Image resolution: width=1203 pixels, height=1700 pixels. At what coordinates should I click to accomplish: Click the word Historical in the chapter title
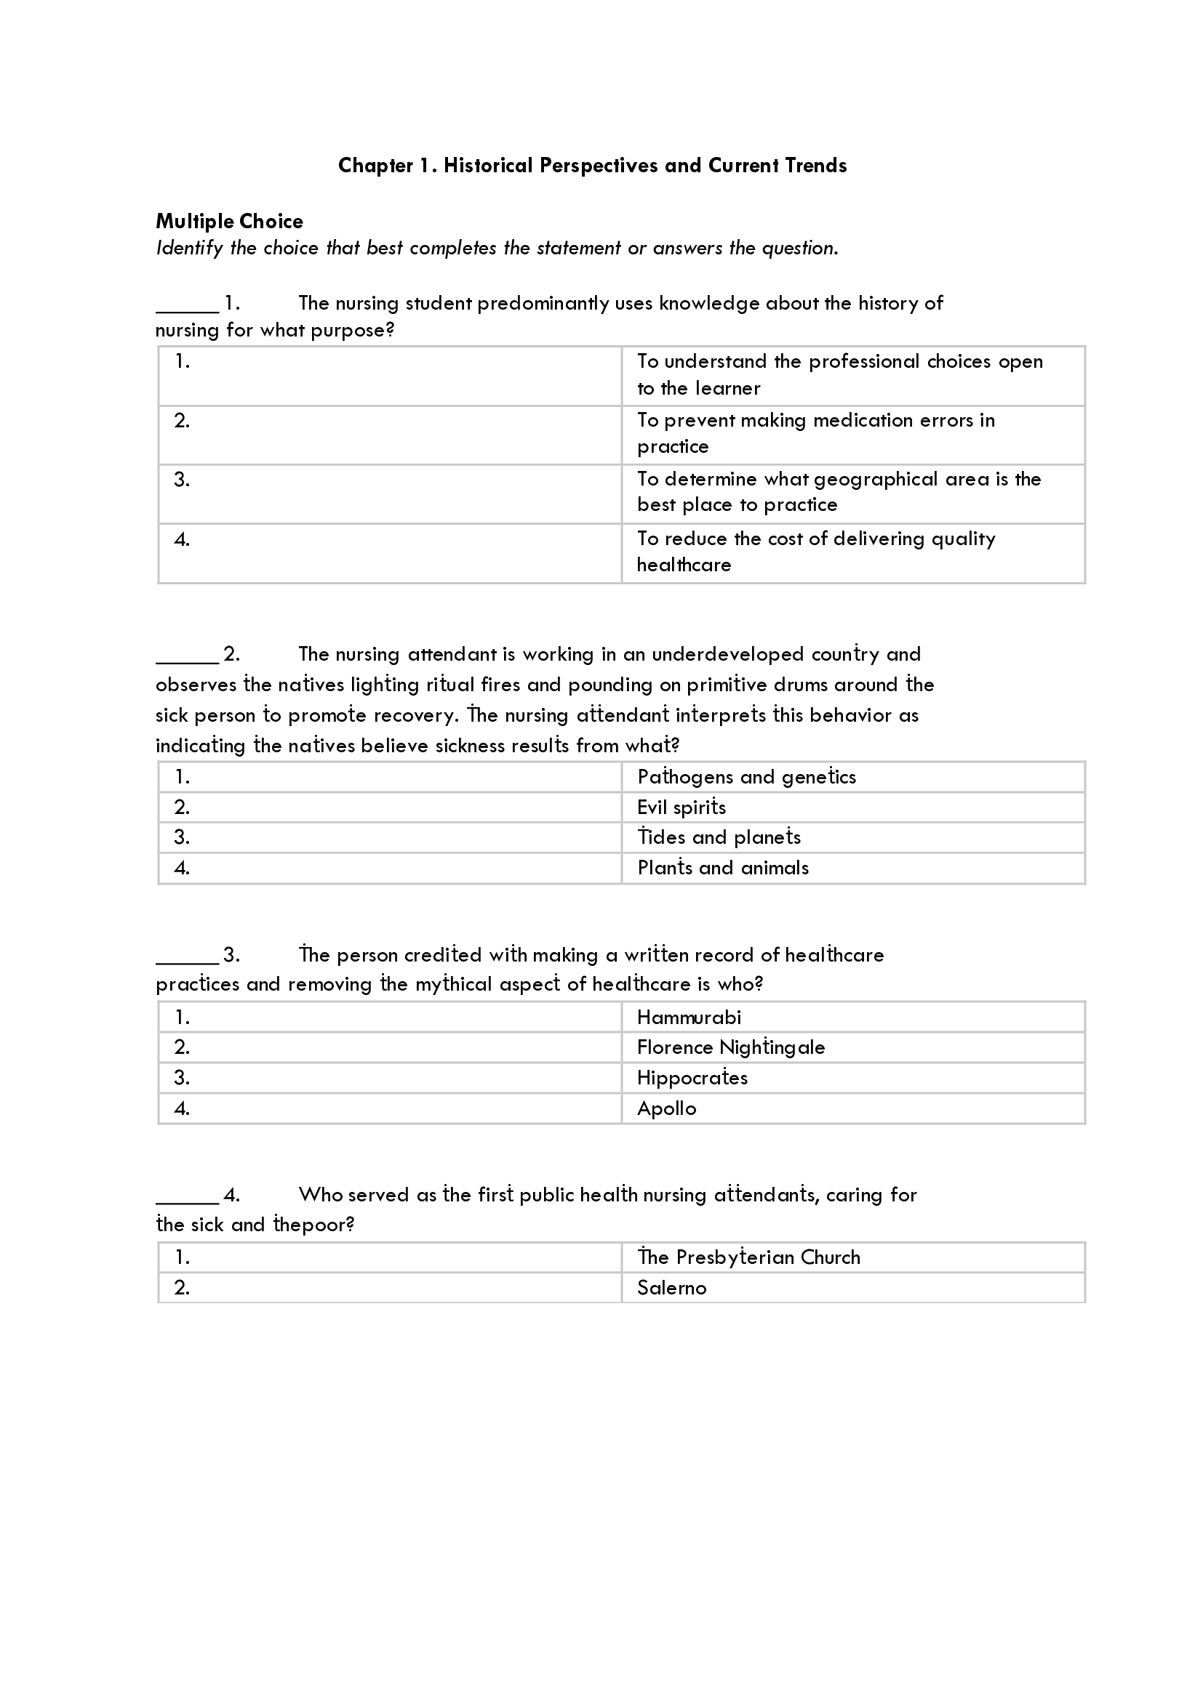pos(487,165)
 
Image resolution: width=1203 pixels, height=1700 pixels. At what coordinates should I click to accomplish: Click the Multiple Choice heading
pos(229,222)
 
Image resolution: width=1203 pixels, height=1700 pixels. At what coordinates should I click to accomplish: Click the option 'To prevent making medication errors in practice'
pos(815,433)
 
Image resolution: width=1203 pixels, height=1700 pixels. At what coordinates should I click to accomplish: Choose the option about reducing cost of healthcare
pos(815,552)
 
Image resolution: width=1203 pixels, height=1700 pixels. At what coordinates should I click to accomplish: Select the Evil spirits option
pos(681,807)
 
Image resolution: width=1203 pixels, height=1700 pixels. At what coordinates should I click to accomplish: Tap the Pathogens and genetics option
pos(746,777)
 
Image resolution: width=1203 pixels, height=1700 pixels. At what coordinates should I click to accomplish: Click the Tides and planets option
pos(719,837)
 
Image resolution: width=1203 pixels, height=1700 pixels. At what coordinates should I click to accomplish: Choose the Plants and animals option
pos(722,868)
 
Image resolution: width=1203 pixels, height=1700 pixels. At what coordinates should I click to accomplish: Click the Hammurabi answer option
pos(688,1018)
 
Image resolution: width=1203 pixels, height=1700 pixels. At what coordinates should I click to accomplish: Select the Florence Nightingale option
pos(730,1048)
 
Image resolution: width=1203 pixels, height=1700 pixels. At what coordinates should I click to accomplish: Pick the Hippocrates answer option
pos(692,1078)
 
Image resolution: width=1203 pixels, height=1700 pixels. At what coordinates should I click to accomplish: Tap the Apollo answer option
pos(666,1108)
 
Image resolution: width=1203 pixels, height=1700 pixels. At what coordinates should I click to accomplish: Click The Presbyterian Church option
pos(748,1257)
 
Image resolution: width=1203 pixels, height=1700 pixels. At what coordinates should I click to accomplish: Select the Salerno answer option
pos(671,1288)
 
